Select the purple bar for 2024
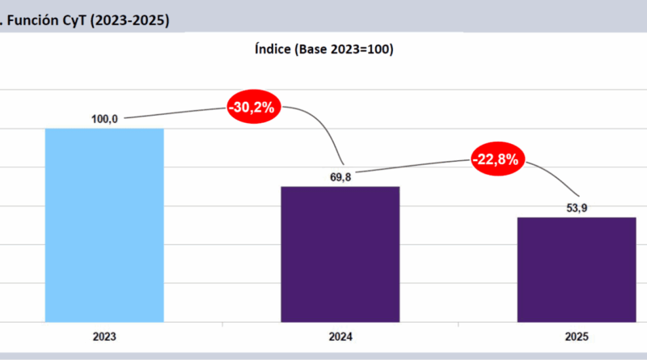tap(340, 254)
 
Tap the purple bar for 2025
tap(577, 269)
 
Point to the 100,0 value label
tap(105, 119)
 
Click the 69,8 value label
tap(340, 176)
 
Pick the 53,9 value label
tap(577, 208)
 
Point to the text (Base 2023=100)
tap(347, 50)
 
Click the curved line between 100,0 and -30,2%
tap(174, 113)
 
